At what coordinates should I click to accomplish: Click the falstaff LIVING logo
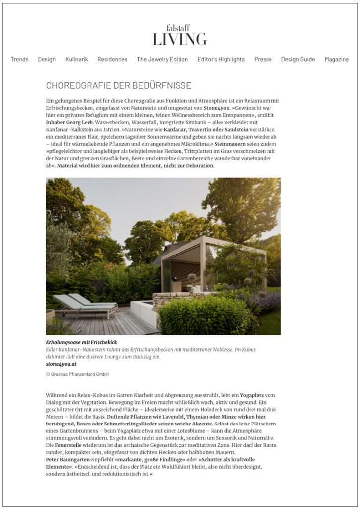[x=180, y=35]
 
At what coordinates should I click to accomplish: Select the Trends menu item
[x=19, y=59]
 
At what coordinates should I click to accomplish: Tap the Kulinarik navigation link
[x=77, y=59]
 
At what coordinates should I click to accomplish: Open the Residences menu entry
[x=112, y=59]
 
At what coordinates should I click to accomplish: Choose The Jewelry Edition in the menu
[x=163, y=59]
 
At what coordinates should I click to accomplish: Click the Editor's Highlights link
[x=221, y=59]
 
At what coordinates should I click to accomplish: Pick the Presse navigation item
[x=263, y=59]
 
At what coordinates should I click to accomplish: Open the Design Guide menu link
[x=298, y=59]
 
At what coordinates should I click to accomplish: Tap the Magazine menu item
[x=337, y=59]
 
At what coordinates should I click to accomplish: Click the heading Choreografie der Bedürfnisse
[x=118, y=85]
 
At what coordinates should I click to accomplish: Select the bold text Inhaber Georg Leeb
[x=70, y=122]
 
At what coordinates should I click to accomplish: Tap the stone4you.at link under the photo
[x=61, y=364]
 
